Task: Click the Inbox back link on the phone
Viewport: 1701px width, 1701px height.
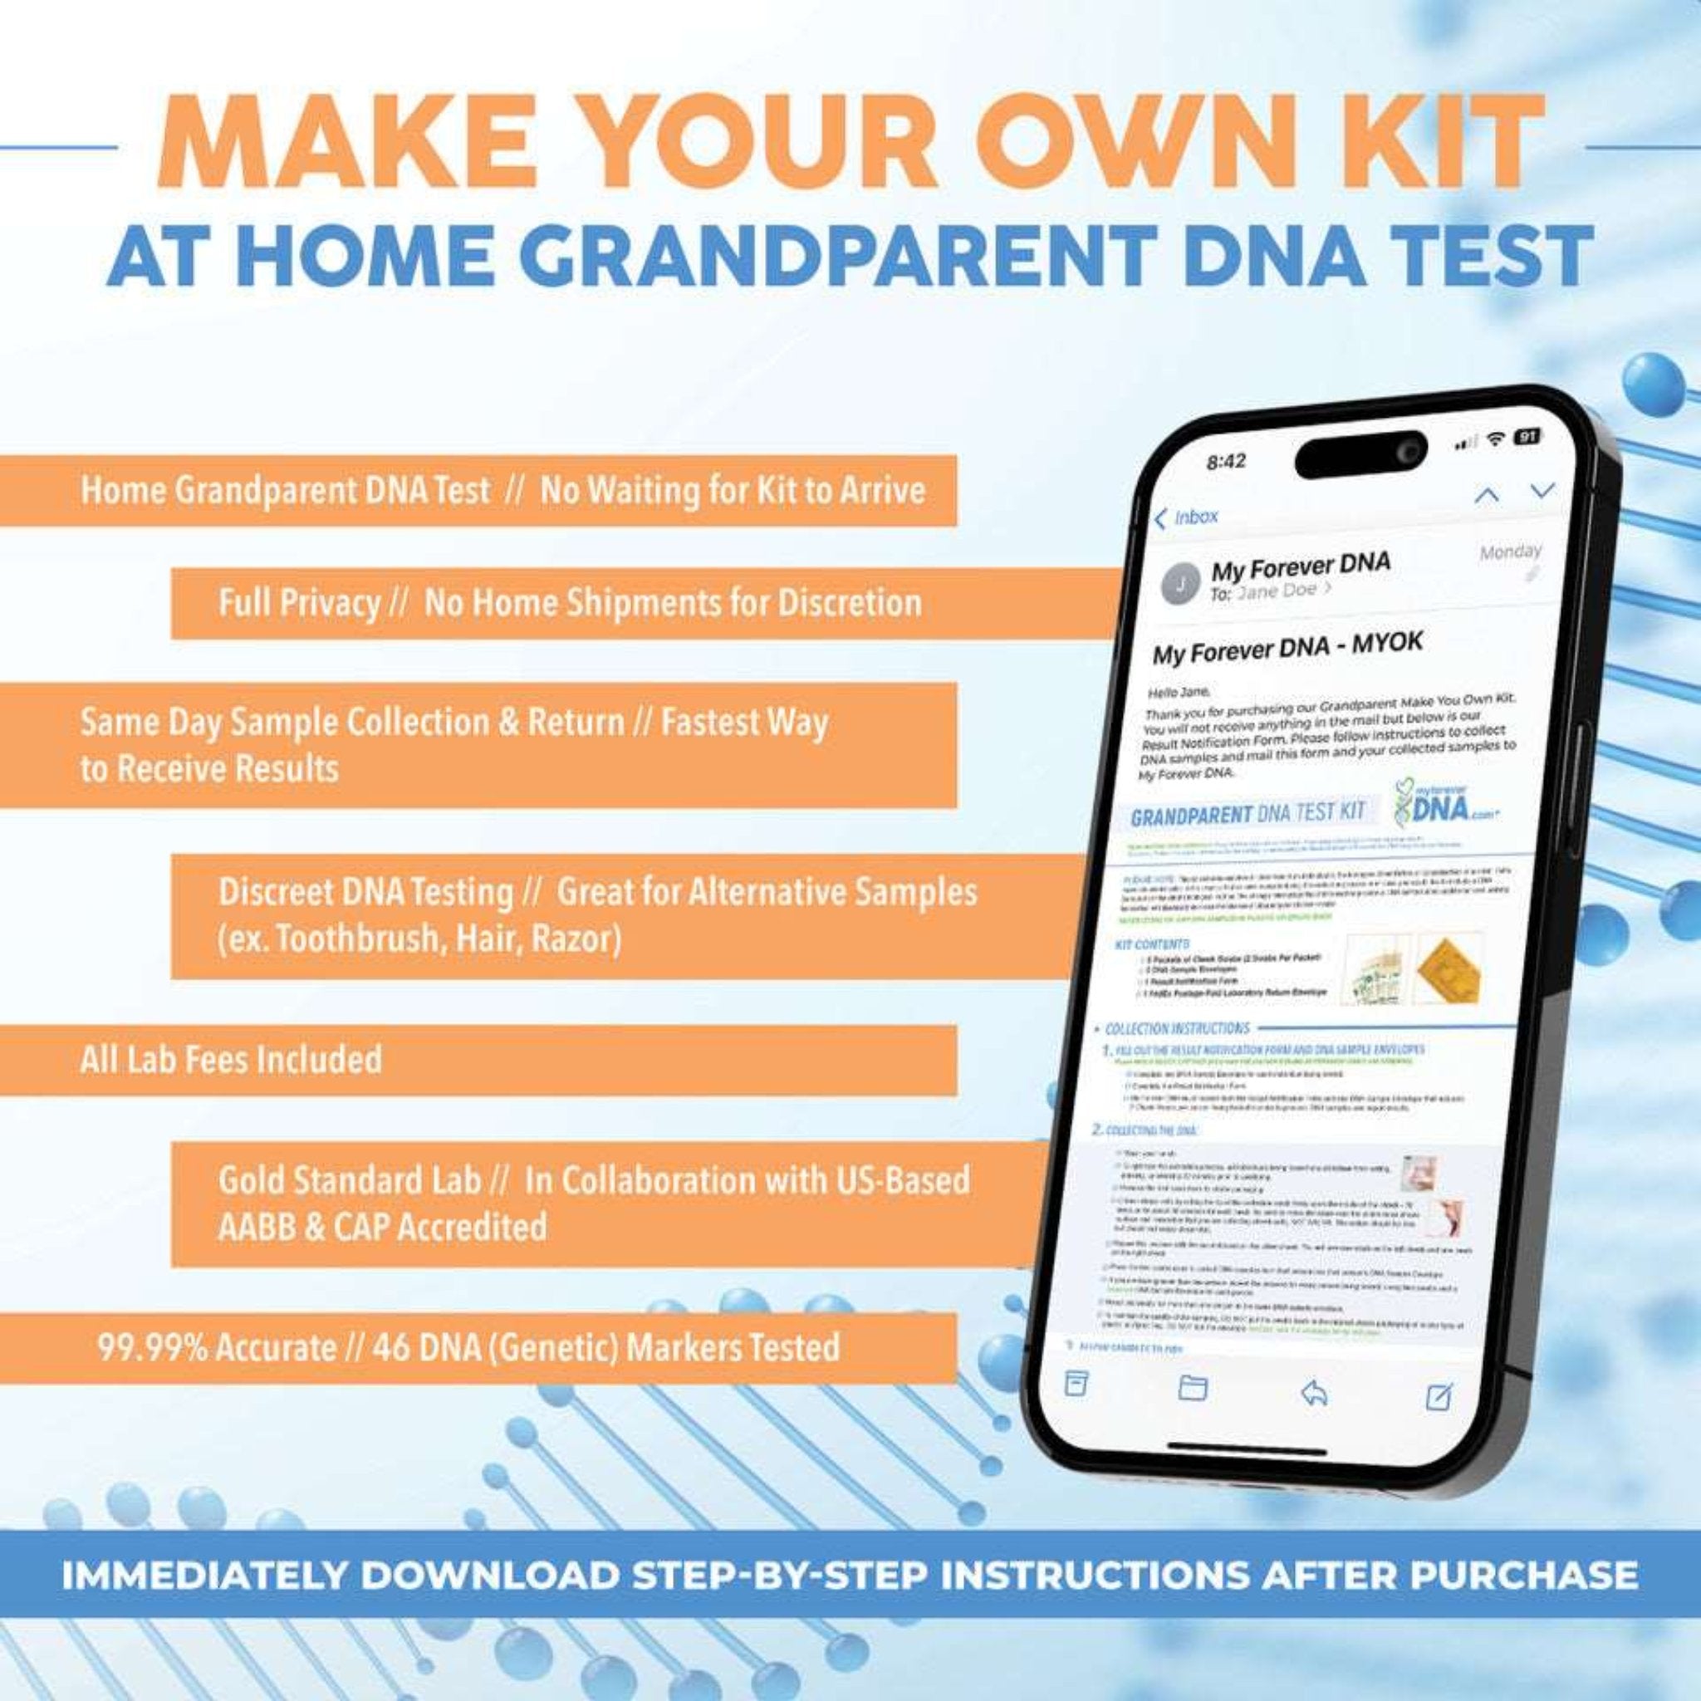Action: (1188, 517)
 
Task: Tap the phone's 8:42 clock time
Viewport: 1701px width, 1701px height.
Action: (1227, 460)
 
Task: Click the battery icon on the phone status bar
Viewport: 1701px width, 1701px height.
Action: (1527, 437)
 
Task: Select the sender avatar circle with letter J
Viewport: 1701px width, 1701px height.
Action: (1182, 583)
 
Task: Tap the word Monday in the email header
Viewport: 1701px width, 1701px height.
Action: (1511, 552)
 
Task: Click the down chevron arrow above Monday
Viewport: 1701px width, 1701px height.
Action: (1542, 489)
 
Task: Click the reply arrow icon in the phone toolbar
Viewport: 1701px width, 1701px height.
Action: (1315, 1392)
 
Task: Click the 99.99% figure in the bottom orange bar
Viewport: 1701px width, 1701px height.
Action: (150, 1348)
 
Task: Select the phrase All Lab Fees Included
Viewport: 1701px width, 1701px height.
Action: (231, 1059)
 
